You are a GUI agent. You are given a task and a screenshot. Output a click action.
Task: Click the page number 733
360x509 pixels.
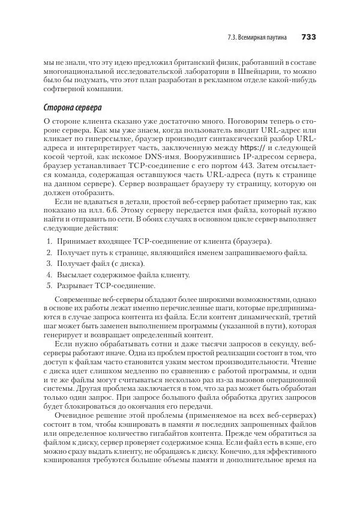pyautogui.click(x=308, y=37)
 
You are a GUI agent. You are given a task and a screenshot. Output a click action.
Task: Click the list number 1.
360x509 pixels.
pyautogui.click(x=49, y=241)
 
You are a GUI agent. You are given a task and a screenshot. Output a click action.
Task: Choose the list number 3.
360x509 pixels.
pyautogui.click(x=49, y=264)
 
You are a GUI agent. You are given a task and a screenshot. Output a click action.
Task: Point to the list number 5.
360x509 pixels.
pyautogui.click(x=49, y=285)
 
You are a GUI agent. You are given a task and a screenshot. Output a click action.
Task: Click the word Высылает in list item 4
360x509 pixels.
pyautogui.click(x=74, y=274)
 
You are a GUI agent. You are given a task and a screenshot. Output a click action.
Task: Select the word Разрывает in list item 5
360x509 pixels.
pyautogui.click(x=76, y=285)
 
